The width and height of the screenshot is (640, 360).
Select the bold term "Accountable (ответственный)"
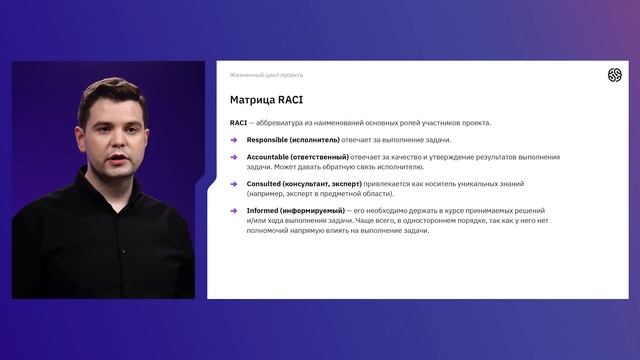tap(297, 157)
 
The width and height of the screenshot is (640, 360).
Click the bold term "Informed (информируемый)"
tap(295, 211)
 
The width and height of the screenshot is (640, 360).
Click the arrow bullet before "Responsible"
tap(234, 140)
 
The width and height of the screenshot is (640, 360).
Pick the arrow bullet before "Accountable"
tap(234, 157)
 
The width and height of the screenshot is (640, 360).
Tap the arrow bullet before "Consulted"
tap(234, 184)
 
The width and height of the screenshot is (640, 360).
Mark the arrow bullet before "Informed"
tap(234, 211)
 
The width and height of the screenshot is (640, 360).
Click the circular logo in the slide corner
tap(614, 75)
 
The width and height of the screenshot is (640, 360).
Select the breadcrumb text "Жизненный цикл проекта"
tap(266, 75)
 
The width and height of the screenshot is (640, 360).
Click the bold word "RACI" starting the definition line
tap(238, 123)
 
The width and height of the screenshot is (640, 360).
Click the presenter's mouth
tap(118, 159)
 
